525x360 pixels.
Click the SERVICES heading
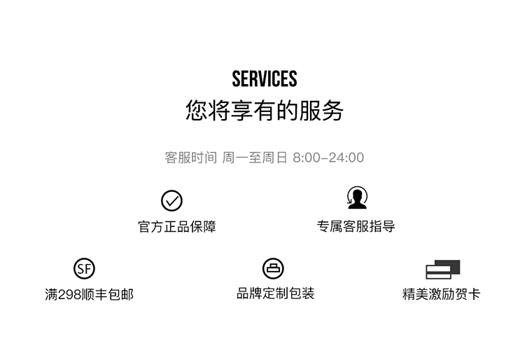265,78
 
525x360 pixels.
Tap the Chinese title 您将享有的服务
265,111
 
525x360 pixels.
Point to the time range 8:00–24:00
328,158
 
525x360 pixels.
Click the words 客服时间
190,158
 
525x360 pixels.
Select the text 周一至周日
255,158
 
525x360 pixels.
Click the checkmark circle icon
171,201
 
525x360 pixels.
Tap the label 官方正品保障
177,227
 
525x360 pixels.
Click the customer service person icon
357,198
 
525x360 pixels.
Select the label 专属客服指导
356,227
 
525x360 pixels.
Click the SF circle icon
84,269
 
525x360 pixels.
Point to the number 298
71,295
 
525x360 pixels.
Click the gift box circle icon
273,268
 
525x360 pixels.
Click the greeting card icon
443,270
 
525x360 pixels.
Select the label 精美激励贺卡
442,295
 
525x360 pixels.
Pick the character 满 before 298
51,295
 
